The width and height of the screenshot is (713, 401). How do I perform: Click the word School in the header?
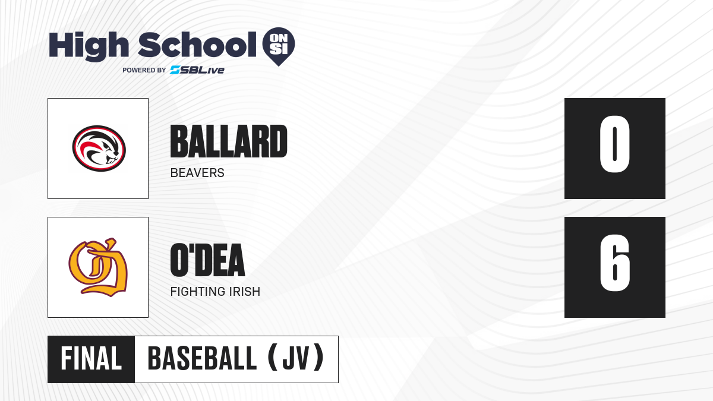[197, 45]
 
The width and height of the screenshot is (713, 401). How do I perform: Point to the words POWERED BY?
[144, 70]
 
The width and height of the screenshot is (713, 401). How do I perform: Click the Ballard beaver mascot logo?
[99, 149]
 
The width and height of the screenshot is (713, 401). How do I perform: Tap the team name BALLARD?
[229, 141]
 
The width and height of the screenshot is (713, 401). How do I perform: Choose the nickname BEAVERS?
[197, 173]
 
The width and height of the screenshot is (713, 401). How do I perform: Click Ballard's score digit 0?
[614, 144]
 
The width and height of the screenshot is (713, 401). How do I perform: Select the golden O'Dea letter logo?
[98, 267]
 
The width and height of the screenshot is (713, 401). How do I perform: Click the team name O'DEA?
[207, 260]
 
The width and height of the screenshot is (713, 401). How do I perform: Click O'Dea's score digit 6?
[615, 263]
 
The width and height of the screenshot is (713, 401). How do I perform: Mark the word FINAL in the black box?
[91, 359]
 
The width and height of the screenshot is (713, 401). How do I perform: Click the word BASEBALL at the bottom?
[202, 359]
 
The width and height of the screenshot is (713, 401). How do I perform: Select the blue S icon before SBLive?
[175, 70]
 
